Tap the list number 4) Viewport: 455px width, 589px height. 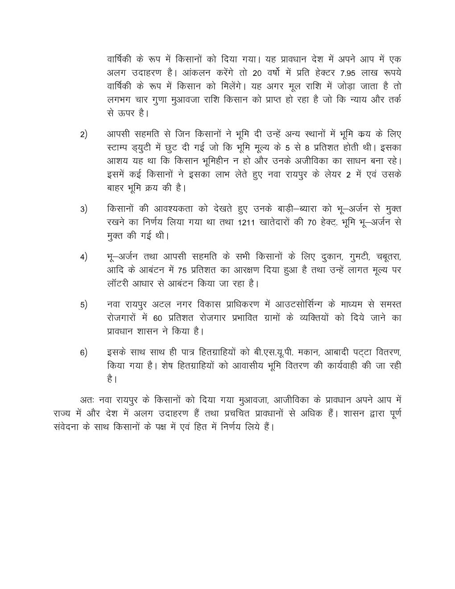84,257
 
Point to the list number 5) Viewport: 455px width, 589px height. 84,305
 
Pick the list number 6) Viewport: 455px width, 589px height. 84,353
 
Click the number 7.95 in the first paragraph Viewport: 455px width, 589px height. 347,74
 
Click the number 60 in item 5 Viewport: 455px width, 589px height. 157,319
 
